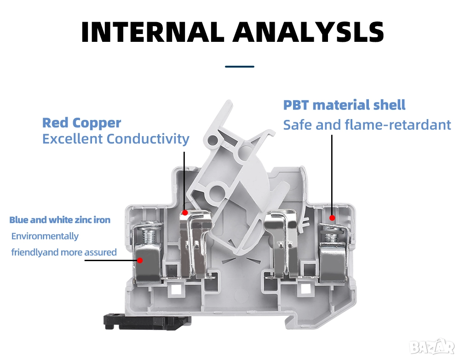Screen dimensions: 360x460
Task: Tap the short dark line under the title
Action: point(239,67)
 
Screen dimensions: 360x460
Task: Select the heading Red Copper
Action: point(81,123)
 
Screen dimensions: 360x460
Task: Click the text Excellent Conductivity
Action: point(115,138)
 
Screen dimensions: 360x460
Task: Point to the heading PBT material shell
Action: point(344,105)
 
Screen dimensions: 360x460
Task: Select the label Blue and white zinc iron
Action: point(60,220)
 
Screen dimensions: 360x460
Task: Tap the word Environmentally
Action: point(45,236)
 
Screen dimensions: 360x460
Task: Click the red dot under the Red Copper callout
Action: point(184,212)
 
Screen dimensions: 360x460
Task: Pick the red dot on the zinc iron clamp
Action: point(140,260)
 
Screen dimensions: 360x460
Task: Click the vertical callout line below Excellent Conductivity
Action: point(184,179)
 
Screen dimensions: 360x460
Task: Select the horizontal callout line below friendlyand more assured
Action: point(110,260)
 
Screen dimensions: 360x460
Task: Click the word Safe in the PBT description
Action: point(295,125)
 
